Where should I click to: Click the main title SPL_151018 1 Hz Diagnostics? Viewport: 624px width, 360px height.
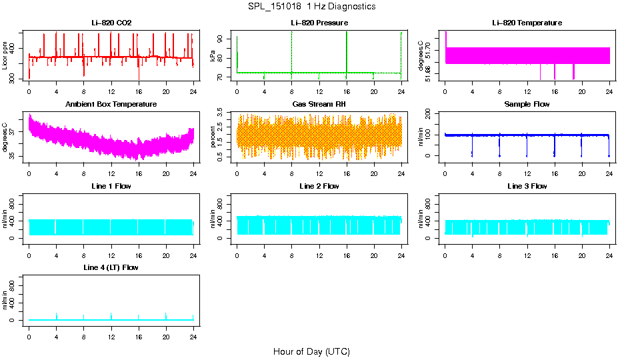311,7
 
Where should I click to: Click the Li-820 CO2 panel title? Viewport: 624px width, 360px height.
111,23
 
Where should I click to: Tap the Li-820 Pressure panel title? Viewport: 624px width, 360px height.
319,23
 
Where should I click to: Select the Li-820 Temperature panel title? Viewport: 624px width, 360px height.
527,23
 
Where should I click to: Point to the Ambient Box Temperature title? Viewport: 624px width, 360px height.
111,105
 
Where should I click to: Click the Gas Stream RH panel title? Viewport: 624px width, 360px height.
319,105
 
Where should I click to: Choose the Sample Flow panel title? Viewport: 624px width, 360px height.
527,105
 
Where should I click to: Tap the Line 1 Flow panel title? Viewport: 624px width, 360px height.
111,186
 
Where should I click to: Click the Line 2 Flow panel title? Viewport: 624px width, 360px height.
319,186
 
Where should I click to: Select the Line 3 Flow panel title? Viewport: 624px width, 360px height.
527,186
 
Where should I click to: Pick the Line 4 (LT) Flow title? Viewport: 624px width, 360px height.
111,267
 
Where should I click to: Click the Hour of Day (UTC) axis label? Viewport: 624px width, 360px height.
311,351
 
